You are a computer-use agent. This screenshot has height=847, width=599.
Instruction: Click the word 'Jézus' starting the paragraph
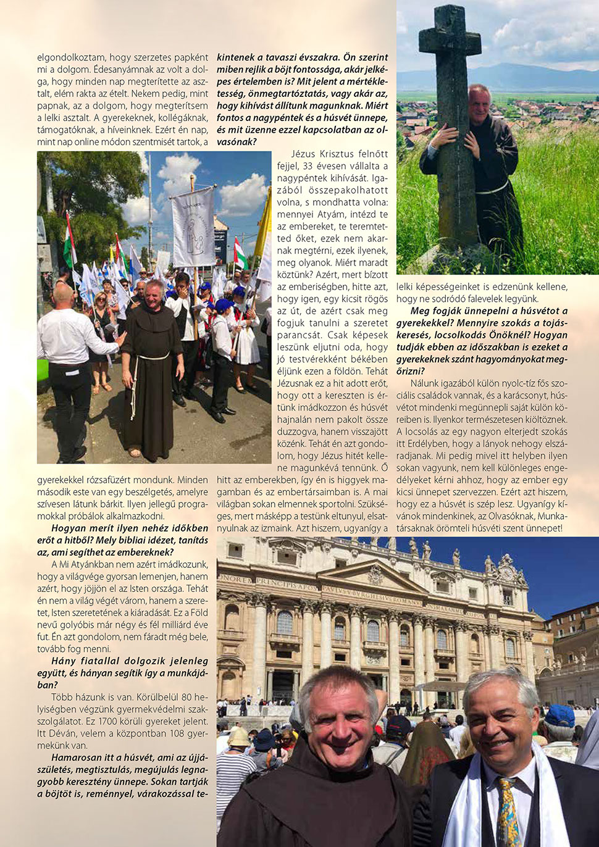[x=303, y=154]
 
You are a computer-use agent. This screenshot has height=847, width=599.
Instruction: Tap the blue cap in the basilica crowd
[x=559, y=715]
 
